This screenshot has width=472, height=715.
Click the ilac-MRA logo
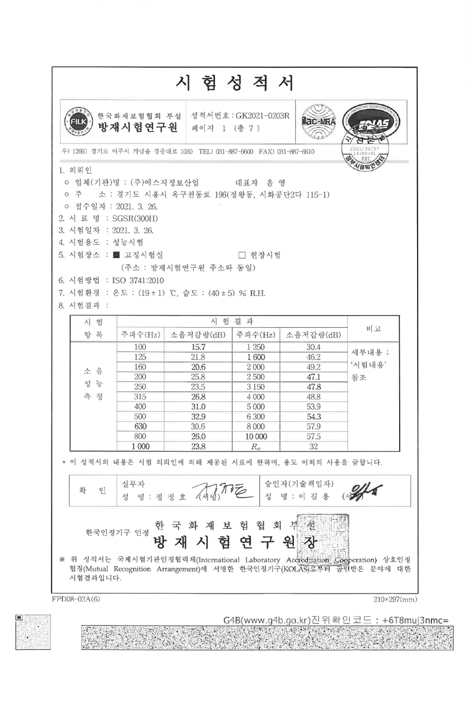pyautogui.click(x=319, y=122)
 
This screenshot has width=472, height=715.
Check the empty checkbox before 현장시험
pyautogui.click(x=242, y=255)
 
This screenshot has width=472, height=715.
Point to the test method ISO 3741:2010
pyautogui.click(x=138, y=281)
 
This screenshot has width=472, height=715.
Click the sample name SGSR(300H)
pyautogui.click(x=135, y=219)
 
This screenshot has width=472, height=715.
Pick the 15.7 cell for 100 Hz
pyautogui.click(x=198, y=347)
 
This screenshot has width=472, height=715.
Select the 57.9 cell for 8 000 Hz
pyautogui.click(x=313, y=426)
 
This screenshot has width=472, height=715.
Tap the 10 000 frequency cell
pyautogui.click(x=256, y=437)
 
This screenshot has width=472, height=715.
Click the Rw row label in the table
pyautogui.click(x=256, y=447)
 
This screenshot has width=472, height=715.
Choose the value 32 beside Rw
pyautogui.click(x=313, y=447)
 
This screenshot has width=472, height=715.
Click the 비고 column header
pyautogui.click(x=373, y=329)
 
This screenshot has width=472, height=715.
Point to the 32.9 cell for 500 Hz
pyautogui.click(x=198, y=417)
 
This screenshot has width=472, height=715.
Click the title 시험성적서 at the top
pyautogui.click(x=235, y=83)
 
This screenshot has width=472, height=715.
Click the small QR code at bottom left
pyautogui.click(x=33, y=632)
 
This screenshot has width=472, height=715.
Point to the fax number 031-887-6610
pyautogui.click(x=295, y=152)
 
